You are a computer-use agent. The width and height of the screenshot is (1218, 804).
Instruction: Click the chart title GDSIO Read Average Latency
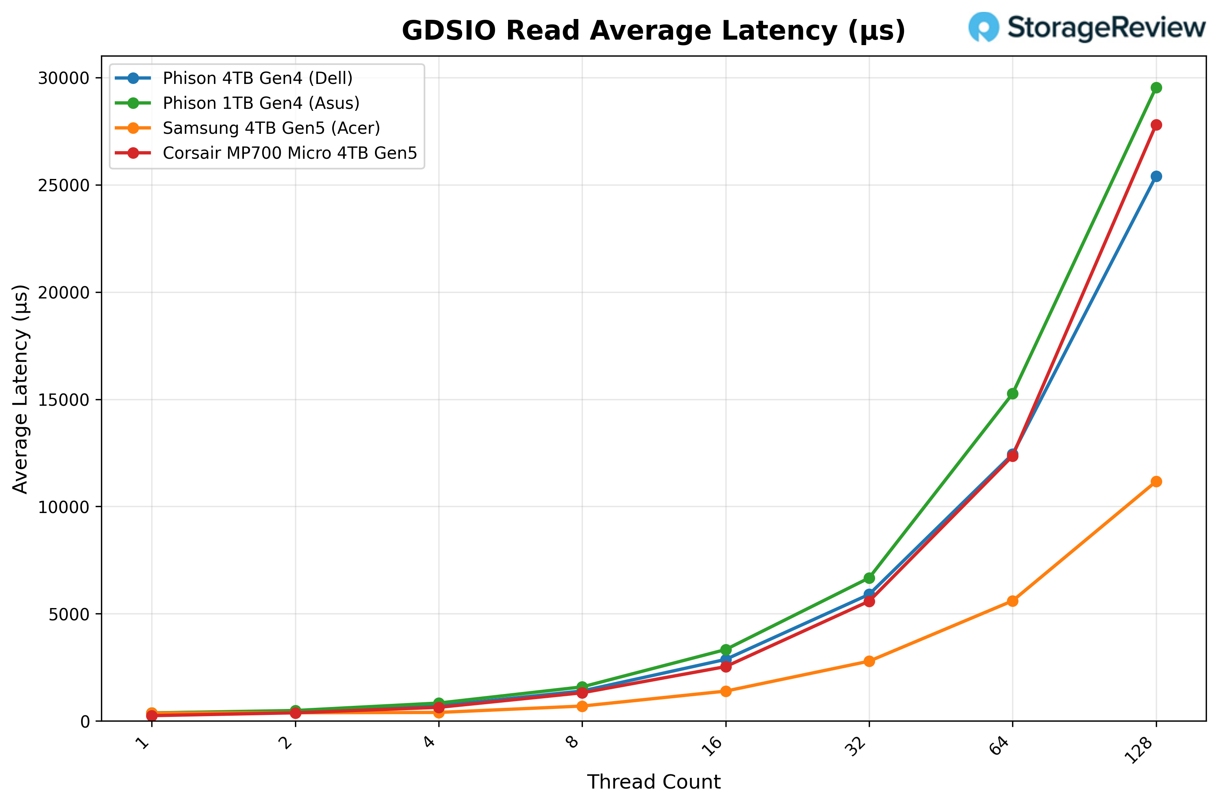653,31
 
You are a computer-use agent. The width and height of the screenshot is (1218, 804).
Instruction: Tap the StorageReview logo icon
983,27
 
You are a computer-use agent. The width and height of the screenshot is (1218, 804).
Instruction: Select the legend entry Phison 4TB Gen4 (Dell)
257,78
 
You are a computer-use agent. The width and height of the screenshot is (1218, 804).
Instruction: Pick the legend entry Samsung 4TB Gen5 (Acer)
271,128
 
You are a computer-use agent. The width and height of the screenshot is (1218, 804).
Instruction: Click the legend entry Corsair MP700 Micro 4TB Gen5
290,153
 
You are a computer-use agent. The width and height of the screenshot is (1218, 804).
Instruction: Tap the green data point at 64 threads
1012,394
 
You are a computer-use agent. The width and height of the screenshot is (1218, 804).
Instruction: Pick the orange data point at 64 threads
1012,601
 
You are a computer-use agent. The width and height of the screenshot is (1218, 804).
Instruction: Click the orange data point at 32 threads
869,661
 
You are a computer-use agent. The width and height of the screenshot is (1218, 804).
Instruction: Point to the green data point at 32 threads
869,578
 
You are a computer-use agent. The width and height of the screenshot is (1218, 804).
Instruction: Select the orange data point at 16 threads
726,691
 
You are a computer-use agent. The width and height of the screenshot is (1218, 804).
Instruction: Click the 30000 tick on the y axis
64,78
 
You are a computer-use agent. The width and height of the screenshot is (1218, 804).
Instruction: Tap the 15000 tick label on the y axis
64,400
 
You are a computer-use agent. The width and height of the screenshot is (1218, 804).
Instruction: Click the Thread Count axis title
653,782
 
